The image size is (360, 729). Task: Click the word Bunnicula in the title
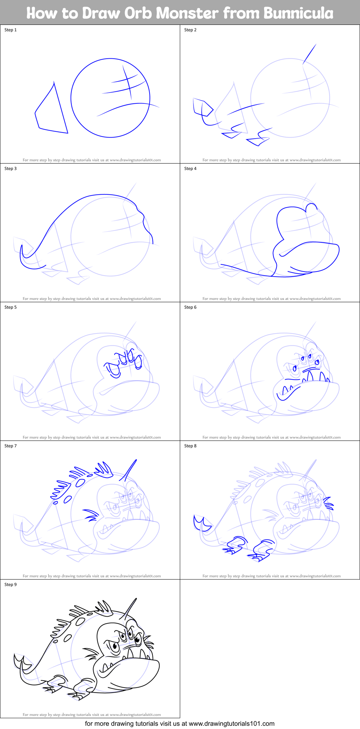pos(298,13)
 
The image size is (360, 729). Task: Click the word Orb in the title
pos(138,13)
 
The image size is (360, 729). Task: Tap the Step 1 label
pos(10,30)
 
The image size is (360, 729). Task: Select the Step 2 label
pos(190,30)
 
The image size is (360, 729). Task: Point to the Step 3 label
pos(10,169)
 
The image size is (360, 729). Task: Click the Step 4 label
pos(190,169)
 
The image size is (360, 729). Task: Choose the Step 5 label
pos(10,307)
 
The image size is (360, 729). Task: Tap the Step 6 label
pos(190,307)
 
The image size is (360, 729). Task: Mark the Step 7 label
pos(10,446)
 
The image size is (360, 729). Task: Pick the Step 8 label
pos(190,446)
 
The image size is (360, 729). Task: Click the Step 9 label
pos(10,585)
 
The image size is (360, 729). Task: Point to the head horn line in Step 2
pos(310,54)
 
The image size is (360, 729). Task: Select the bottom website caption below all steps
pos(179,723)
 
